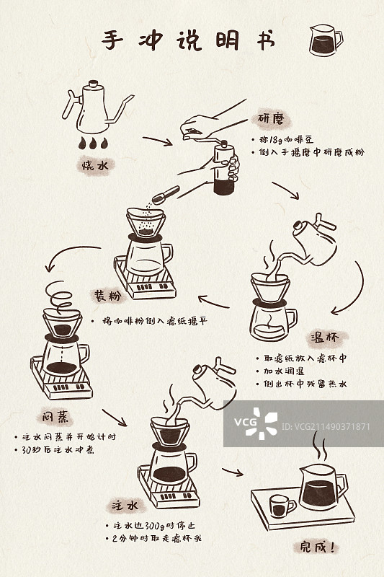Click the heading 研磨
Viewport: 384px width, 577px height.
[273, 118]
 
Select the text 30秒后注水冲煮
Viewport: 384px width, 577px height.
[58, 449]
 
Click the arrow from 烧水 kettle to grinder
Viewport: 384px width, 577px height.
[158, 140]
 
